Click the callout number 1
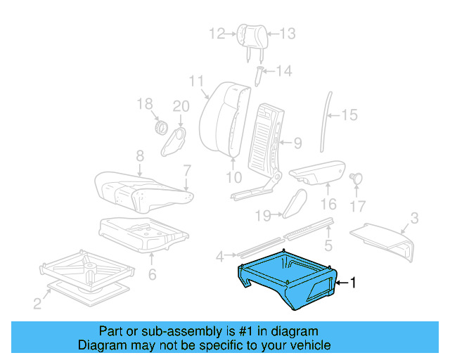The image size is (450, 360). pyautogui.click(x=354, y=283)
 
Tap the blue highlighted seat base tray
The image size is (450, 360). pyautogui.click(x=288, y=278)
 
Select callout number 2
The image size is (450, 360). pyautogui.click(x=37, y=304)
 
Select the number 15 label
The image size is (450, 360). pyautogui.click(x=349, y=115)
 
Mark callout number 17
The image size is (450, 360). pyautogui.click(x=358, y=207)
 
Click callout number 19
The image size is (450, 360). pyautogui.click(x=263, y=214)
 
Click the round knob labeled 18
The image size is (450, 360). pyautogui.click(x=160, y=128)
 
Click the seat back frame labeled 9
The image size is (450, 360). pyautogui.click(x=266, y=130)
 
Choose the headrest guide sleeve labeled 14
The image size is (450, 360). pyautogui.click(x=259, y=74)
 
